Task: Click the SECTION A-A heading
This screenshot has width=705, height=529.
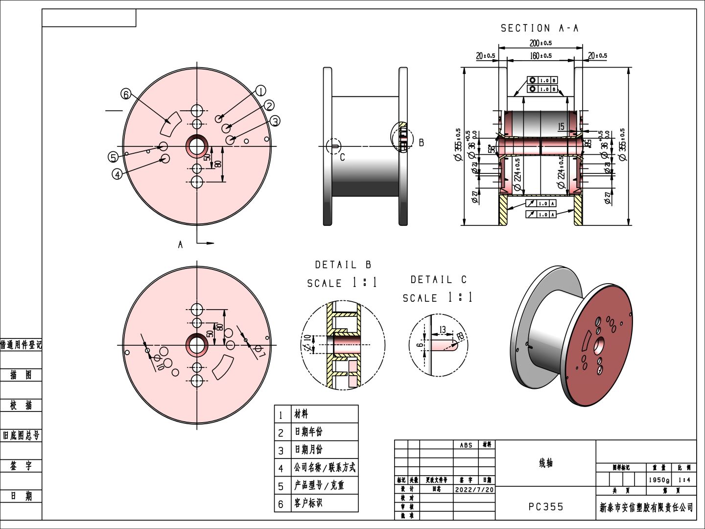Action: [x=539, y=28]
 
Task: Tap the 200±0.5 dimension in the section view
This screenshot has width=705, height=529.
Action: [x=540, y=43]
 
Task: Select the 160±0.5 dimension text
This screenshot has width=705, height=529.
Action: [x=540, y=56]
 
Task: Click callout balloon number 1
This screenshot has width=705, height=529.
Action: [x=260, y=91]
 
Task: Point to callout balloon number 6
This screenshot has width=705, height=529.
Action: [x=126, y=94]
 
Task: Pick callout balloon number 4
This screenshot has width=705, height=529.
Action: [x=117, y=174]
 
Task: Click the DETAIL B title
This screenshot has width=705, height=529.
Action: [x=343, y=265]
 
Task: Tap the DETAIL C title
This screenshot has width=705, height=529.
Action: [x=438, y=280]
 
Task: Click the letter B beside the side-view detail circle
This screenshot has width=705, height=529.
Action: [x=421, y=143]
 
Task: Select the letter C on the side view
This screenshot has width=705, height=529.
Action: [x=342, y=157]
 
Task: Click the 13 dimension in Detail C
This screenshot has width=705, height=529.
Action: [x=443, y=330]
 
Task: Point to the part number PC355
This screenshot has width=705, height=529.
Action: [x=546, y=507]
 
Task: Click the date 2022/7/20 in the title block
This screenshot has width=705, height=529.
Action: [x=474, y=489]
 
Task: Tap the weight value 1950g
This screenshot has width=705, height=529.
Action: [x=659, y=480]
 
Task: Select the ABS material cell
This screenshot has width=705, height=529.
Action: [x=466, y=445]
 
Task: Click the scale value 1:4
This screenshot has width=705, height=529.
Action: [x=684, y=480]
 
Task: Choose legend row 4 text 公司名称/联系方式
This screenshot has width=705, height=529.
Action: [x=325, y=467]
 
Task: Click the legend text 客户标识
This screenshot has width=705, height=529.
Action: [x=308, y=503]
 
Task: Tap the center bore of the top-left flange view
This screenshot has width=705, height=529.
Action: [x=197, y=146]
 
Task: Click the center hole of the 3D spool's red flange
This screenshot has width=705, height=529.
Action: [x=599, y=346]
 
